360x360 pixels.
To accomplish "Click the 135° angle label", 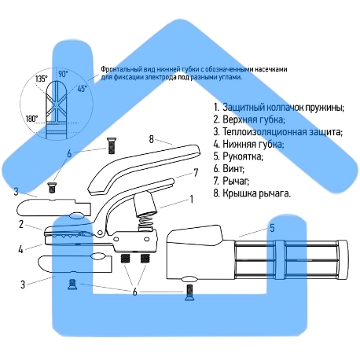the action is pos(42,79).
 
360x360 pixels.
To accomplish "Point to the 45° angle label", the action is pos(82,89).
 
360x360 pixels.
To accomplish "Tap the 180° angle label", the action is pos(31,119).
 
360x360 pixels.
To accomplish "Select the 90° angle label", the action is pos(63,74).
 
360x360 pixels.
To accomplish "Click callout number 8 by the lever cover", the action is pos(151,139).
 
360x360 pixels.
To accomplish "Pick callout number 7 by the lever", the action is pos(196,173).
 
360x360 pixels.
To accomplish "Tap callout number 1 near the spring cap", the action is pos(192,199).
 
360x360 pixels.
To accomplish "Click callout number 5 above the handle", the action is pos(272,228).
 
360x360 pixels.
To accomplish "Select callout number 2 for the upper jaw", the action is pos(21,224).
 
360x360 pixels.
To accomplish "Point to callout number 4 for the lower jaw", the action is pos(20,249).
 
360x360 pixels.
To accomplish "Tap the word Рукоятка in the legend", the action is pos(243,156).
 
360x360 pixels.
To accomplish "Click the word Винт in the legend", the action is pos(233,168).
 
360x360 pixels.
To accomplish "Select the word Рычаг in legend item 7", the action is pos(236,181).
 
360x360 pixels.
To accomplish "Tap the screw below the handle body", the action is pos(189,292).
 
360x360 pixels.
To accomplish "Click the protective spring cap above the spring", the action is pos(145,203).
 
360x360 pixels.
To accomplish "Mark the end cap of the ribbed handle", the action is pos(343,259).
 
